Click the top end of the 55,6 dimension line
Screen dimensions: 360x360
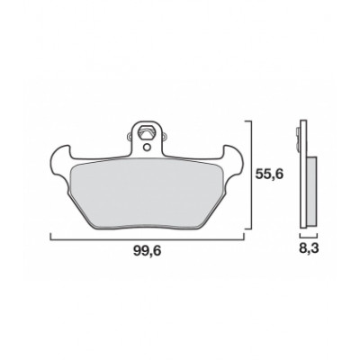250,121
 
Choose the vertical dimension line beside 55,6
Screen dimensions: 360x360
250,175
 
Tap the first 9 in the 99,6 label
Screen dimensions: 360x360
136,257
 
